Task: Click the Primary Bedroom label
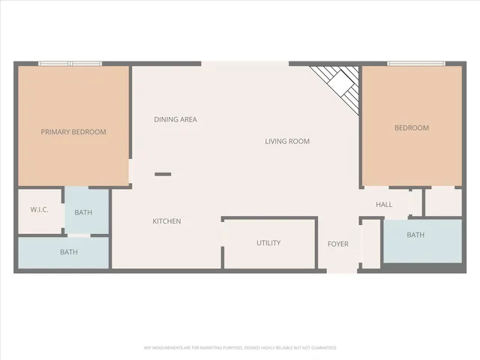tap(73, 132)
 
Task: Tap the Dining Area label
tap(175, 119)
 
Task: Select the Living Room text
tap(287, 141)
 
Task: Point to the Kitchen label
tap(166, 221)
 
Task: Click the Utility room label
tap(268, 243)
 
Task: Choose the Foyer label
tap(338, 244)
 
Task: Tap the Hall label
tap(384, 205)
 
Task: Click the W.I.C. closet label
tap(39, 209)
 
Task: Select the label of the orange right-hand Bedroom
tap(412, 127)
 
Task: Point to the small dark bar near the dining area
tap(163, 174)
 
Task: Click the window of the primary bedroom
tap(70, 64)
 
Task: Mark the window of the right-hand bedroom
tap(416, 64)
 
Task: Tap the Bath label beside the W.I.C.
tap(83, 212)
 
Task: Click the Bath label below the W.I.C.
tap(68, 252)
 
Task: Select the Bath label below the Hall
tap(415, 235)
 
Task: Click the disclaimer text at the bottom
tap(240, 347)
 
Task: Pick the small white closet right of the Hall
tap(442, 201)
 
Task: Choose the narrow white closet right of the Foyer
tap(370, 244)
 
